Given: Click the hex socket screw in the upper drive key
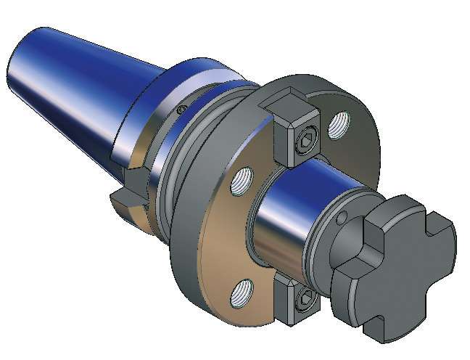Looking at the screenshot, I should click(307, 143).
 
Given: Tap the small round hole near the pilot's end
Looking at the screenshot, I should click(342, 218).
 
